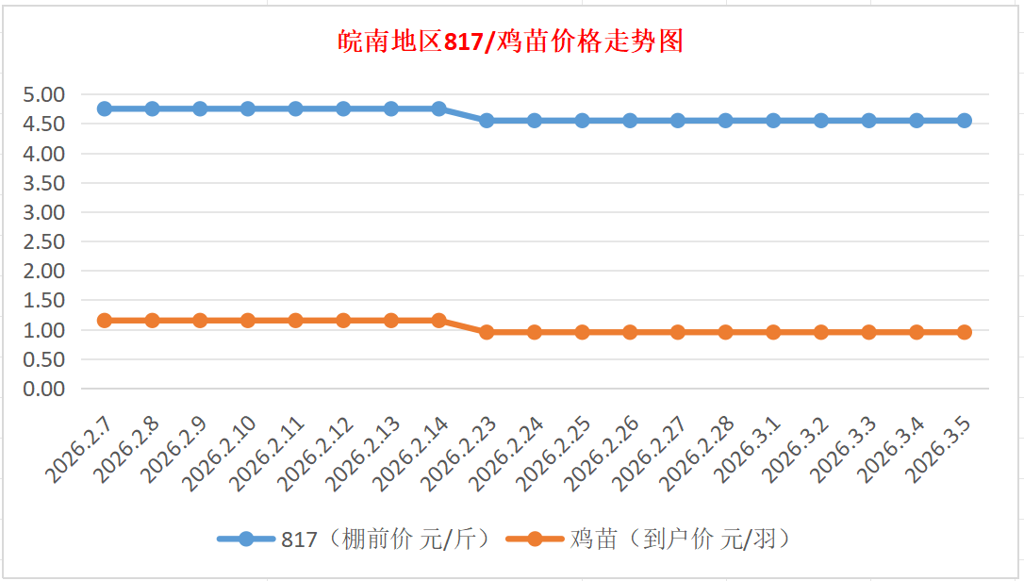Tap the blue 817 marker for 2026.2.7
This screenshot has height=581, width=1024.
tap(105, 108)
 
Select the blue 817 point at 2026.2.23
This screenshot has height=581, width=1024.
tap(487, 121)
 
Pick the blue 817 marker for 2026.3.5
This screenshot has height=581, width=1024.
tap(964, 121)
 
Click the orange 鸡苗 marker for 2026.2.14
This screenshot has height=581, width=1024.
tap(438, 321)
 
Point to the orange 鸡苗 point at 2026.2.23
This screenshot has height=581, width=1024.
tap(487, 332)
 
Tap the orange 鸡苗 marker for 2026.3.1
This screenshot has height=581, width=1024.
tap(773, 332)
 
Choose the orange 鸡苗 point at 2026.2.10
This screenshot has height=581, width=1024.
tap(248, 321)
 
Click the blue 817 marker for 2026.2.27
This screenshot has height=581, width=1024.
tap(677, 121)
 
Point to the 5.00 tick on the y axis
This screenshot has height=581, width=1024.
tap(44, 94)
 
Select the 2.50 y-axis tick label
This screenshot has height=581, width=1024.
tap(44, 241)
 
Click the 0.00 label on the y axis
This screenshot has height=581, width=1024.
tap(44, 389)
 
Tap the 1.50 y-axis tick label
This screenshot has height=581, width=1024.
tap(44, 301)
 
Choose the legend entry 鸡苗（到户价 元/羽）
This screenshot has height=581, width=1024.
tap(680, 539)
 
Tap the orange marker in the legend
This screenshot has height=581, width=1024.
tap(535, 539)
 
